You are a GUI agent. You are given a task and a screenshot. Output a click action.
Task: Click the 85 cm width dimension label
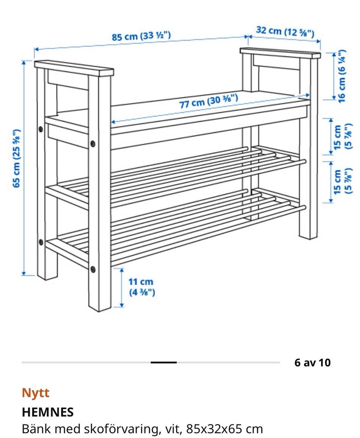tap(141, 36)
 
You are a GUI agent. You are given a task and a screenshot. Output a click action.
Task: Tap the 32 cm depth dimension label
tap(285, 31)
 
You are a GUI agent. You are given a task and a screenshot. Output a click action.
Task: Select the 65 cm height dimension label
tap(17, 158)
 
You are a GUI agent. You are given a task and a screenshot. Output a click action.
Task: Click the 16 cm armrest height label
tap(342, 76)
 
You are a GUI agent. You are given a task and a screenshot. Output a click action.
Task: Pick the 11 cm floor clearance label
tap(142, 287)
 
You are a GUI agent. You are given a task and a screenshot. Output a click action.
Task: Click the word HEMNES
tap(48, 412)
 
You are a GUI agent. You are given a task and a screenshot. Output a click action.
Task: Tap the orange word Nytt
tap(36, 393)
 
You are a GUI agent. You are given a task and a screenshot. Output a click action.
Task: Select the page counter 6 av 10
tap(312, 363)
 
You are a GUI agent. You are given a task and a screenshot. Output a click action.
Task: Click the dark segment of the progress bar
tap(163, 363)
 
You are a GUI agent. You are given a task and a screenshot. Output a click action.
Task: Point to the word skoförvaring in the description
tap(123, 429)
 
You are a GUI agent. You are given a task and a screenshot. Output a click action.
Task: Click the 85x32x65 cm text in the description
tap(225, 429)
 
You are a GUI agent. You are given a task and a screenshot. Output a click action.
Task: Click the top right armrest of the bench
tap(280, 53)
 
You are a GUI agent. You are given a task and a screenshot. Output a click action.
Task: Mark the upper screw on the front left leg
tap(93, 144)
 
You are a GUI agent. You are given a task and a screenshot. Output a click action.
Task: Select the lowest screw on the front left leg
tap(93, 269)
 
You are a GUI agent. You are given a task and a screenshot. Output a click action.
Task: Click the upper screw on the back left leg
tap(41, 129)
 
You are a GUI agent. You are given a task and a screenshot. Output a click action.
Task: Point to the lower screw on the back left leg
tap(41, 242)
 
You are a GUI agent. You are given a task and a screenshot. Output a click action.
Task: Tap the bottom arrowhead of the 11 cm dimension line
tap(122, 306)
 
